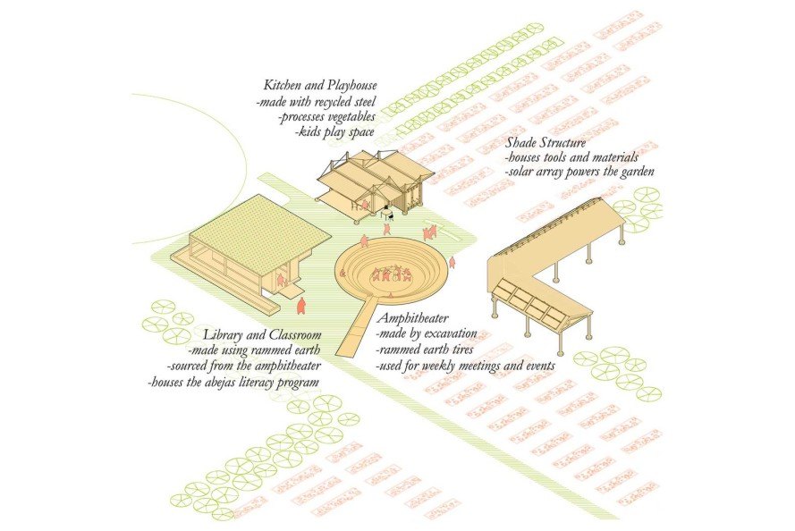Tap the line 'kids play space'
[333, 132]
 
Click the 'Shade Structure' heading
[546, 142]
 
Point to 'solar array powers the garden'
[579, 172]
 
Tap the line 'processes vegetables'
[325, 117]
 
